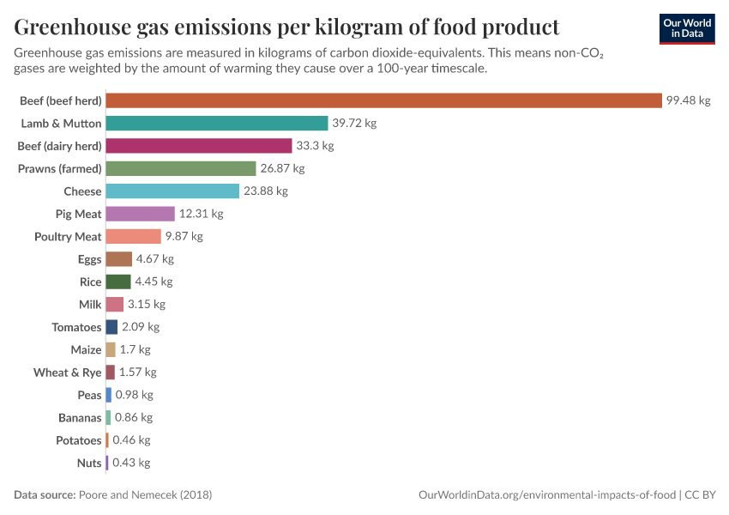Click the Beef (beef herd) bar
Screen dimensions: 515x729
click(x=383, y=100)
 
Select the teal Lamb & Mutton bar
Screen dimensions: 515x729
click(x=217, y=123)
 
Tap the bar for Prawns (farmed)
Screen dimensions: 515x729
click(x=181, y=168)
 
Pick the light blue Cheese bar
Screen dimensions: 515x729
click(x=172, y=191)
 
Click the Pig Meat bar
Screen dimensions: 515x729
click(x=140, y=214)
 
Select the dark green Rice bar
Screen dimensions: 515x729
click(x=118, y=282)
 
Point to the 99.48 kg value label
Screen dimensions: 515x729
click(x=689, y=100)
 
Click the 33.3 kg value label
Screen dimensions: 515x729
click(x=315, y=146)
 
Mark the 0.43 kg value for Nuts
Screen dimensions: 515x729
click(x=131, y=463)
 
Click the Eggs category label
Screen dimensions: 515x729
click(x=89, y=259)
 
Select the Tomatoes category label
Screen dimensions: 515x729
click(x=76, y=327)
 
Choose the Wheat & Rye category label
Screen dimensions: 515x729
click(x=67, y=373)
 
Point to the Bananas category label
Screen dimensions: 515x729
click(x=79, y=417)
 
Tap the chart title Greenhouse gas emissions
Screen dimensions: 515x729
click(x=286, y=26)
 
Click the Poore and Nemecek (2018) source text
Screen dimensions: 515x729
click(x=145, y=495)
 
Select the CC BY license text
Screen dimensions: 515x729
click(x=701, y=495)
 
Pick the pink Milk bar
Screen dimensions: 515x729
click(x=115, y=304)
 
